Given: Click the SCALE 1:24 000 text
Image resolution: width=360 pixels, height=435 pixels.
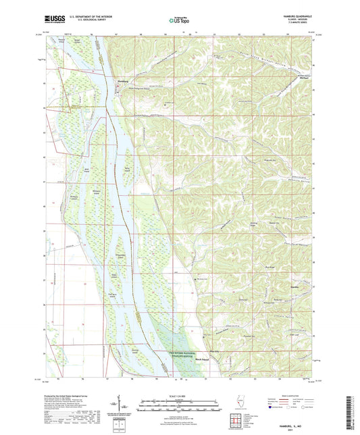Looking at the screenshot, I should pos(179,395).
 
